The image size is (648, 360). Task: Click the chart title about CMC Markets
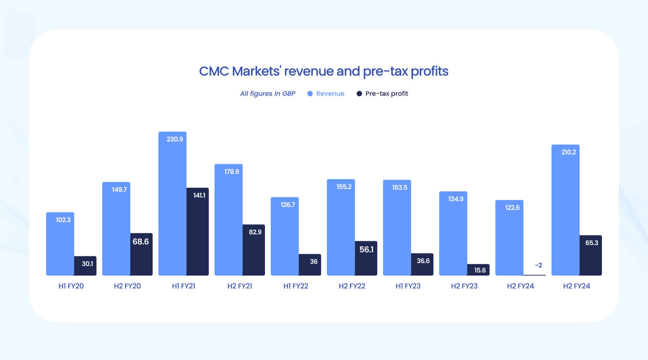pos(324,71)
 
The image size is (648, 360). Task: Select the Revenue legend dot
pos(310,94)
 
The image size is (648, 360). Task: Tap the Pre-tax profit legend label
pos(387,94)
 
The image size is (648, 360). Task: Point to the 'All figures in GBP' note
pos(267,94)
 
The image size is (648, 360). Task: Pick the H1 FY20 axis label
pos(71,286)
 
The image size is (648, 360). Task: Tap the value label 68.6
pos(141,242)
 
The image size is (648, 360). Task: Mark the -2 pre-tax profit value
pos(539,265)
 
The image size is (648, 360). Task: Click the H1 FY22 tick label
pos(296,286)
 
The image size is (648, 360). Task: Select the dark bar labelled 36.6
pos(422,264)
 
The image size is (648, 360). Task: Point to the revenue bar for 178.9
pos(229,220)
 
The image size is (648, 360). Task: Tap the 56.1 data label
pos(366,249)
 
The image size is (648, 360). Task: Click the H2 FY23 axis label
pos(464,286)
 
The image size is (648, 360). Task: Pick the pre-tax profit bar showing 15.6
pos(478,270)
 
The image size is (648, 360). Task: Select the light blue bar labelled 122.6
pos(509,238)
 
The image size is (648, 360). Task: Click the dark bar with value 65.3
pos(591,255)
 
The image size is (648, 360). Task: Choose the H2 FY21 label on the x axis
pos(240,286)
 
